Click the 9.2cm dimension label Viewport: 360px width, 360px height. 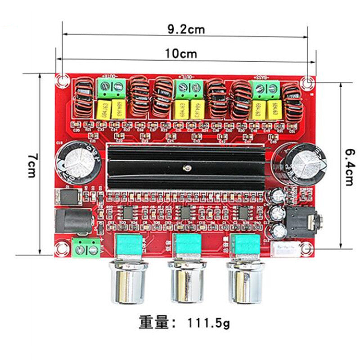[186, 30]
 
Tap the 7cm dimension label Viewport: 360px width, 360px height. [31, 165]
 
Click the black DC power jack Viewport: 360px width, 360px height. [72, 221]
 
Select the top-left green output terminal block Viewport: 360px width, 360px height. [112, 88]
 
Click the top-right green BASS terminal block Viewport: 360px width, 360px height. [265, 90]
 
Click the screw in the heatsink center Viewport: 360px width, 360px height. [185, 168]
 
